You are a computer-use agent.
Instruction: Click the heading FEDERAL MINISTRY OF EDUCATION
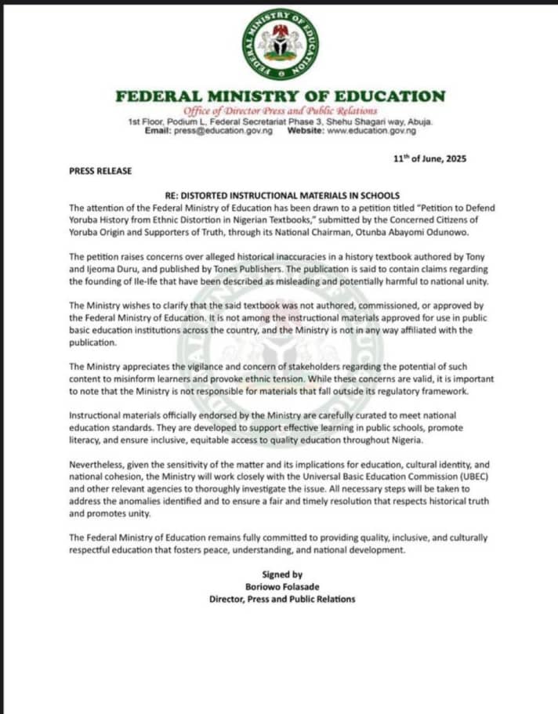pyautogui.click(x=280, y=96)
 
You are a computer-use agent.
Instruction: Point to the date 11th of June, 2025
pyautogui.click(x=429, y=158)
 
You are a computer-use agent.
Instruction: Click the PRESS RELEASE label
pyautogui.click(x=100, y=171)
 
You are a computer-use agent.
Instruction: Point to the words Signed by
pyautogui.click(x=281, y=574)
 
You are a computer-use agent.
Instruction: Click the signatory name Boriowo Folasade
pyautogui.click(x=281, y=587)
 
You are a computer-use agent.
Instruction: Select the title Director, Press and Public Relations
pyautogui.click(x=281, y=600)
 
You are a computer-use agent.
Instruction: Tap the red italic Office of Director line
pyautogui.click(x=280, y=111)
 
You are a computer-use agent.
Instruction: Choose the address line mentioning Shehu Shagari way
pyautogui.click(x=280, y=122)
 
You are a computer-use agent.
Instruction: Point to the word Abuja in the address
pyautogui.click(x=418, y=122)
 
